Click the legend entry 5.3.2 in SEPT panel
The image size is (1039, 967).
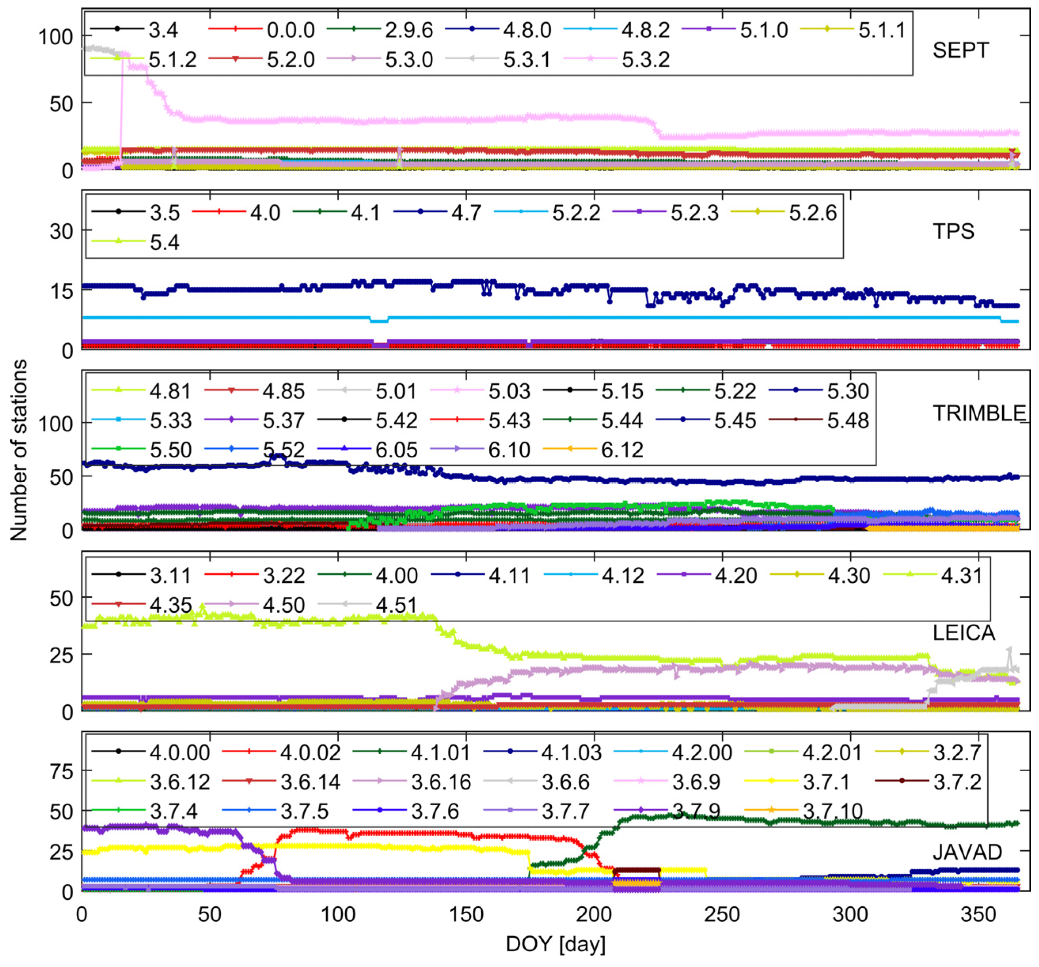click(x=645, y=60)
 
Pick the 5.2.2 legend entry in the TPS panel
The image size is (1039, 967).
click(x=576, y=213)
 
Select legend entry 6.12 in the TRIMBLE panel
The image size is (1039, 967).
click(x=621, y=450)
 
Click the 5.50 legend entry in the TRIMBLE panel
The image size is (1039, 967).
click(x=170, y=450)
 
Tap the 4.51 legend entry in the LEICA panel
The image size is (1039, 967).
click(x=396, y=605)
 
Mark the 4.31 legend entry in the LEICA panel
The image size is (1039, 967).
click(x=961, y=575)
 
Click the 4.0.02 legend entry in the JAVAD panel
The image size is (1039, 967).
click(x=310, y=753)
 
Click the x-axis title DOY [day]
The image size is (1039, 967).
click(x=556, y=944)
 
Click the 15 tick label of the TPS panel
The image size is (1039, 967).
click(x=61, y=291)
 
